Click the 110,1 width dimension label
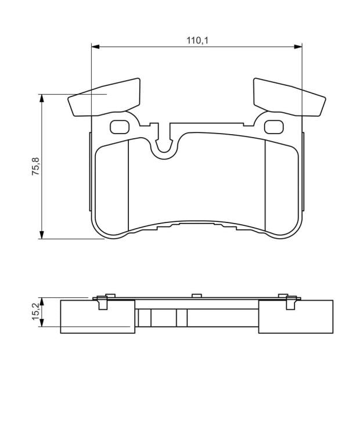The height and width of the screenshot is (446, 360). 197,41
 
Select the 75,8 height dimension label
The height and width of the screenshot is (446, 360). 36,166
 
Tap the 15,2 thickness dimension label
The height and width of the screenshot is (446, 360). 36,311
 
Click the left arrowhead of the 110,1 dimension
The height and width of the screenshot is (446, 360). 95,46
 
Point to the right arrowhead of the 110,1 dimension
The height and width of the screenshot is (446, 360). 298,46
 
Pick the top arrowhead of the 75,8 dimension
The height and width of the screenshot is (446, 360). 42,98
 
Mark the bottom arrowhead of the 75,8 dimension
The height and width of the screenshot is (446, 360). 42,235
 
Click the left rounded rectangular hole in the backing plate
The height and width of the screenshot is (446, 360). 120,127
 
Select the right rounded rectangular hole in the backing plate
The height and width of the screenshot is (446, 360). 274,127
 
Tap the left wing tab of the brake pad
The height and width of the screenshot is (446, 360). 105,98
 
